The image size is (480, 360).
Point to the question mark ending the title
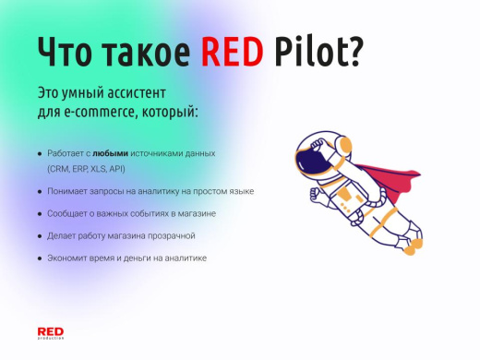click(x=353, y=54)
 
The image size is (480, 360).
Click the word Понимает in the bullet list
click(x=69, y=191)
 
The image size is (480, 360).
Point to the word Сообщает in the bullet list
click(x=69, y=213)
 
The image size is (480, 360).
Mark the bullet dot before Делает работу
click(x=39, y=235)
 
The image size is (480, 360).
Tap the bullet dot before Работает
click(x=39, y=152)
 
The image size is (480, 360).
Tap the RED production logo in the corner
click(x=51, y=332)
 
